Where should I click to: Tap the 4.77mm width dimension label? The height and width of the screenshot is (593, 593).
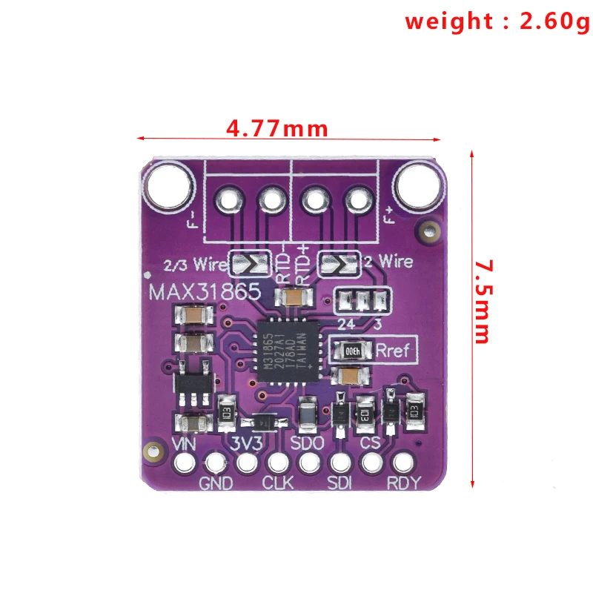[277, 128]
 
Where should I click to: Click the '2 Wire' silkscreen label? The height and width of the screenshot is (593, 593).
[388, 262]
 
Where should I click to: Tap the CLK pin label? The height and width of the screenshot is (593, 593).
[278, 483]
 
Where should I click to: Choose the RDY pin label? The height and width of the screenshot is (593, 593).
[404, 483]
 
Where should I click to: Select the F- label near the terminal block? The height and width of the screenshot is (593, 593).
[195, 219]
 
